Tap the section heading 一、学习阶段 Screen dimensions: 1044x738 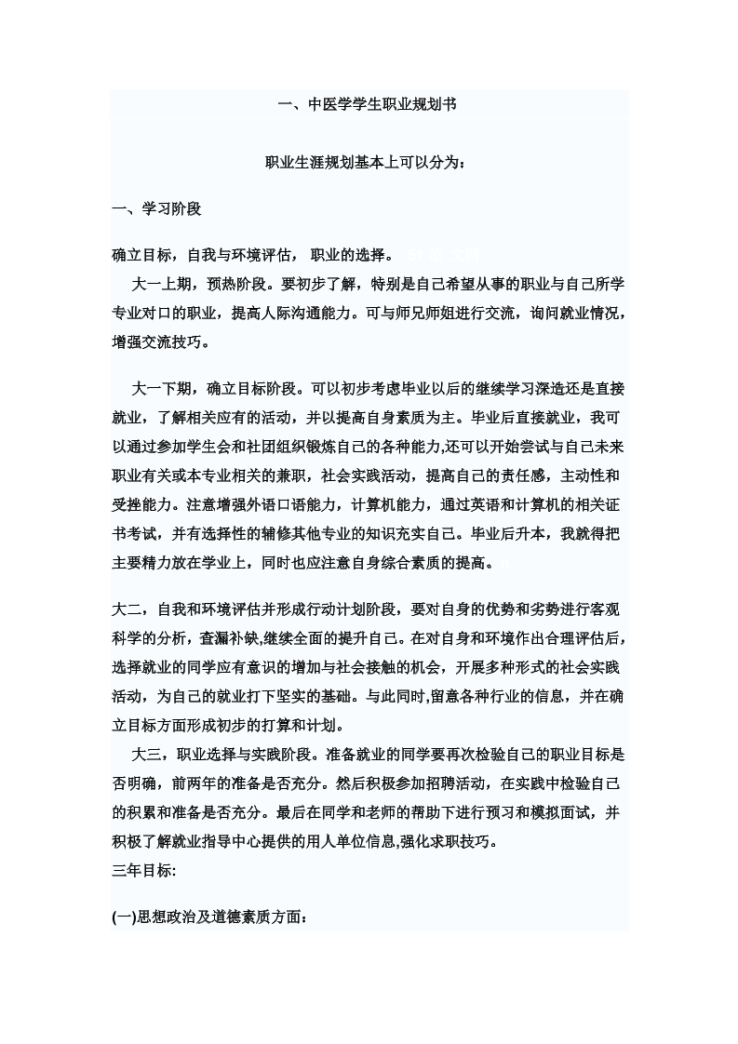[156, 208]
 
